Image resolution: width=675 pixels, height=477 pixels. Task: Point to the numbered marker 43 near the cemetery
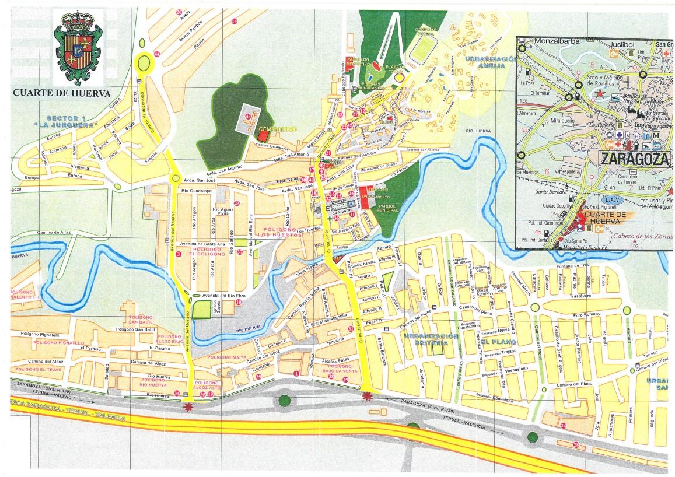248,117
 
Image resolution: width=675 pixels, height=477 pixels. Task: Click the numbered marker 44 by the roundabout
156,54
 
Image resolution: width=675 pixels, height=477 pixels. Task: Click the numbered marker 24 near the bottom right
563,426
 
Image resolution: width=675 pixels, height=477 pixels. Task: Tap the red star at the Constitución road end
367,397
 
